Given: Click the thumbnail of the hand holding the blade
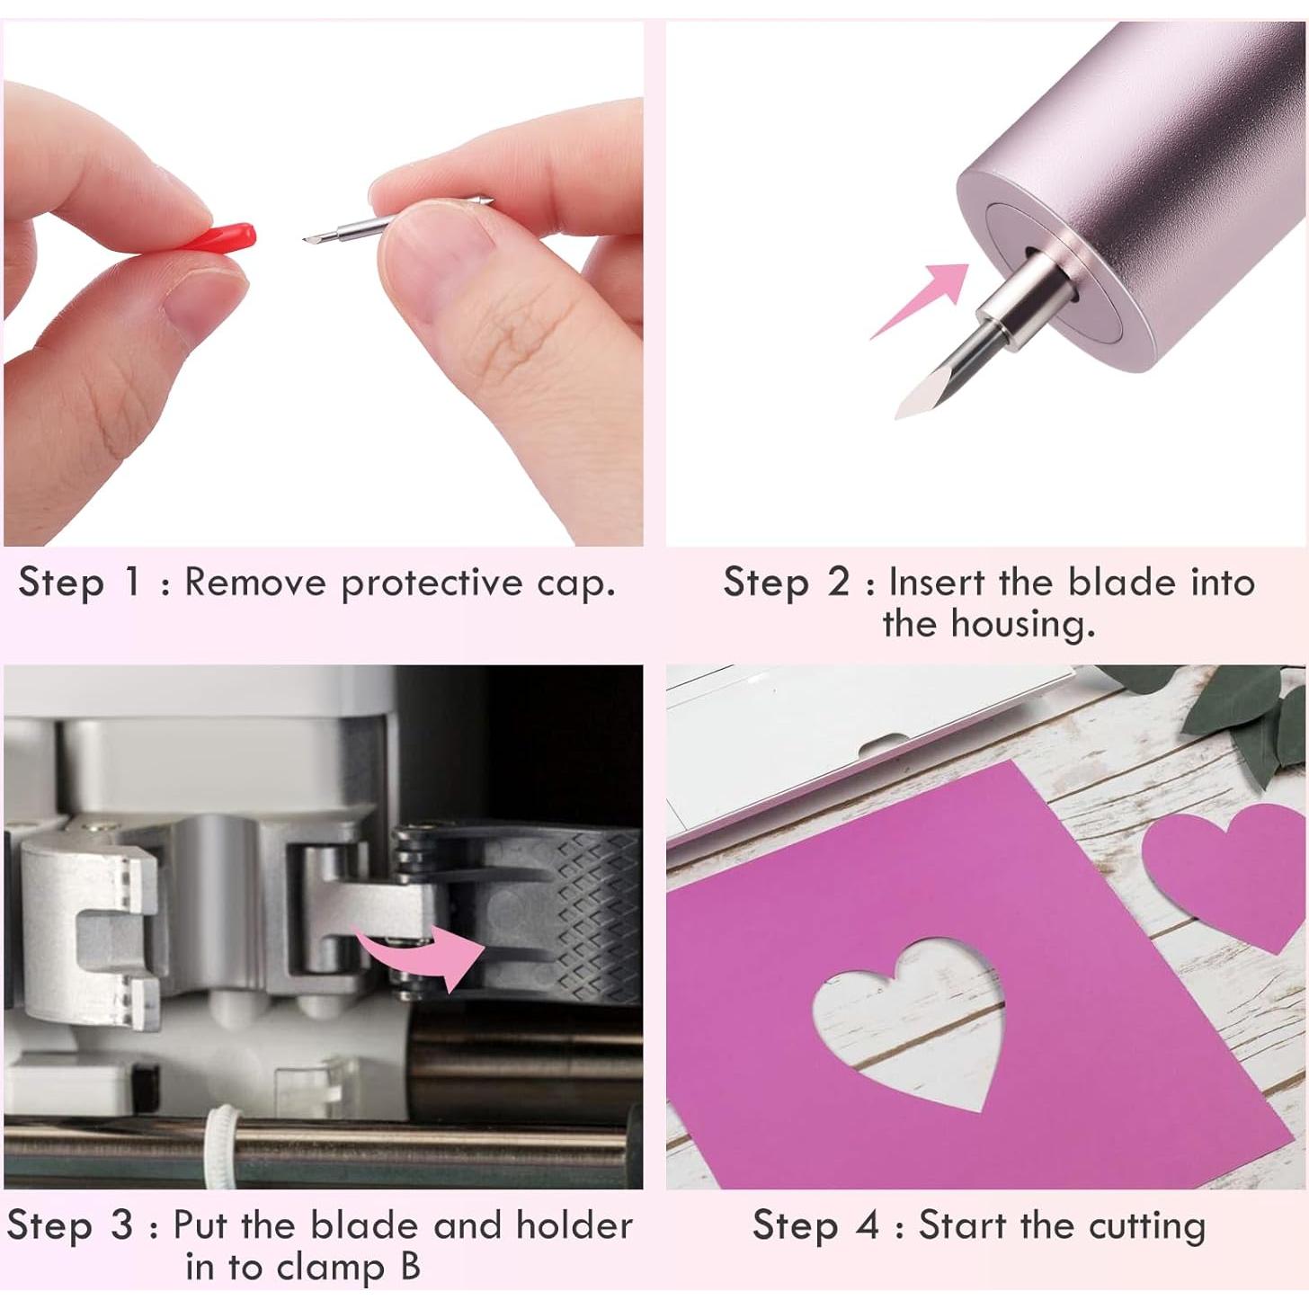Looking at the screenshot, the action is [324, 283].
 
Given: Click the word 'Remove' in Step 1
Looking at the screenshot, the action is [254, 583].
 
